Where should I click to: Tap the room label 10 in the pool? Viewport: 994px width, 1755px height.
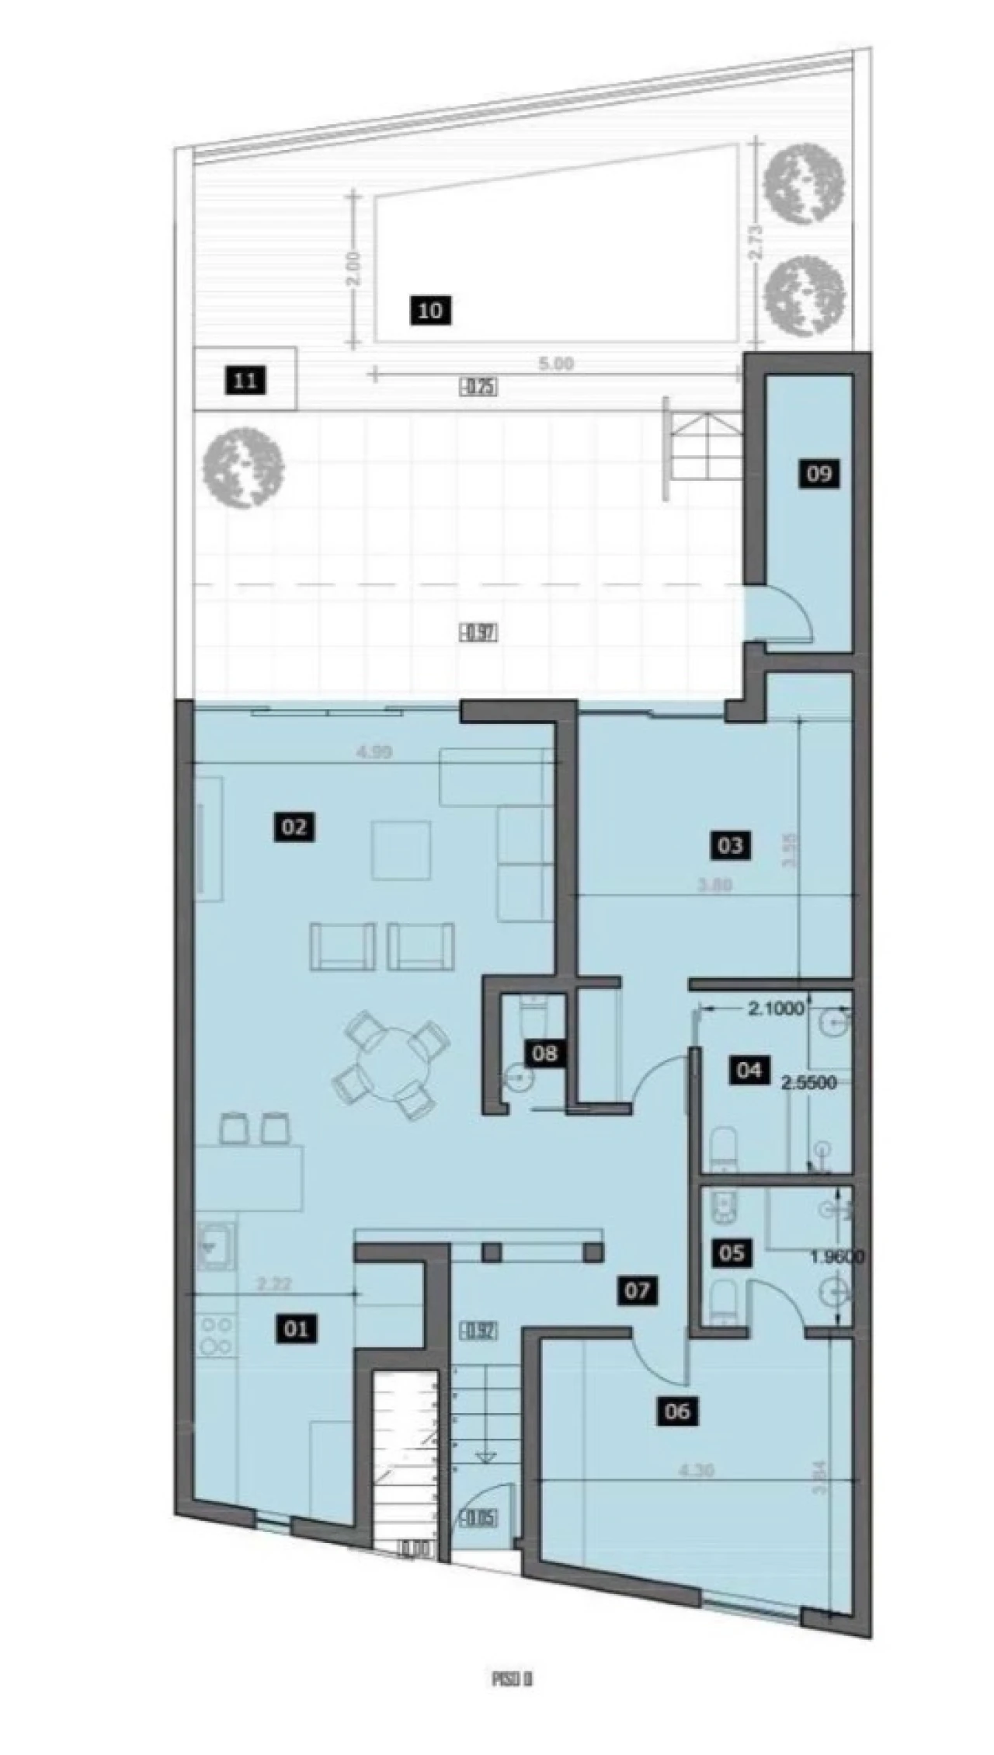point(430,311)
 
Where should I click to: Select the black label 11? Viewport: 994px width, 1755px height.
point(245,381)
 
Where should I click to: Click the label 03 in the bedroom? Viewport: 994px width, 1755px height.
point(730,844)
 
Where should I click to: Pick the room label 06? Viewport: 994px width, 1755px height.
point(677,1410)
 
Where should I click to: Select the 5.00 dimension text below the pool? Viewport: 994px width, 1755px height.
point(556,363)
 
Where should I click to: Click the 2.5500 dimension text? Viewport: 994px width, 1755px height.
point(808,1082)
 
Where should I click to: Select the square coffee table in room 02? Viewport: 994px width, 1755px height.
point(401,850)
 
